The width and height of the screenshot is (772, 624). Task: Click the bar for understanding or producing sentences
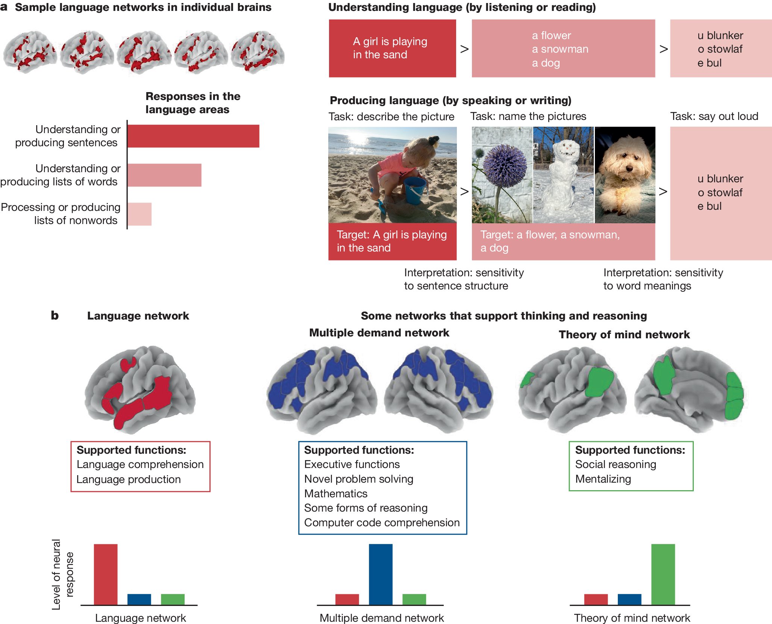193,136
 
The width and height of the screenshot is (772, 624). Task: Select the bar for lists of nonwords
140,214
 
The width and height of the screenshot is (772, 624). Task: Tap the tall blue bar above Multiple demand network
381,574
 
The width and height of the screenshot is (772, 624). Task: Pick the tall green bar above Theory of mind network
663,574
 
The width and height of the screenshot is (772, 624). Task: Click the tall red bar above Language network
106,574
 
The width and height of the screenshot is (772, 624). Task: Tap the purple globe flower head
504,166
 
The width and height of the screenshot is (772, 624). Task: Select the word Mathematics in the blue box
336,494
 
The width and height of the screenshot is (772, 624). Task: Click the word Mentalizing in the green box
603,479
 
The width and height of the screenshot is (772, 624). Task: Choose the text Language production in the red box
129,479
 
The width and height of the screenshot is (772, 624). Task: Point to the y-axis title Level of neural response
62,574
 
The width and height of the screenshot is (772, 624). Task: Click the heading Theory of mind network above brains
624,335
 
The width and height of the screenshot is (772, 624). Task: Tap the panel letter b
55,315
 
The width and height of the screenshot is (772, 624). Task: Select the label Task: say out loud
714,116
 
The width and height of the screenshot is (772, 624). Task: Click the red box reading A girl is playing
392,48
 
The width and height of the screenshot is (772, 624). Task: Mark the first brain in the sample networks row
30,52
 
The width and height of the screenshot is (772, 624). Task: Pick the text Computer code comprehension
382,523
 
